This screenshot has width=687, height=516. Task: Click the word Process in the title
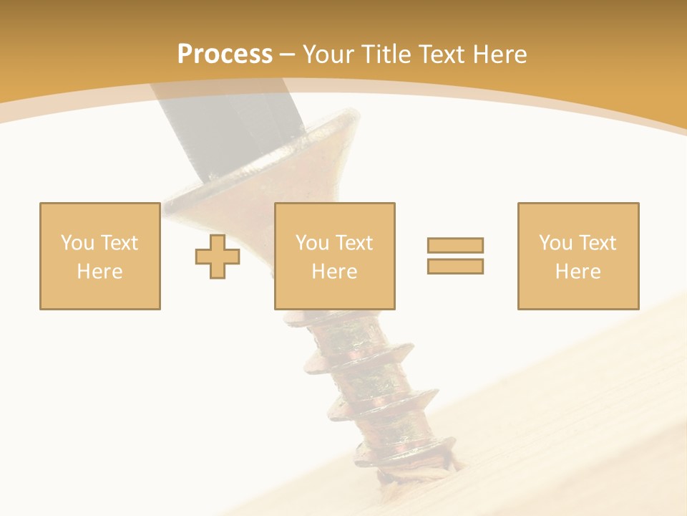pyautogui.click(x=225, y=54)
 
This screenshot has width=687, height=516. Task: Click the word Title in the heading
pyautogui.click(x=388, y=54)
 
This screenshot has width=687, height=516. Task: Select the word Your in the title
pyautogui.click(x=330, y=54)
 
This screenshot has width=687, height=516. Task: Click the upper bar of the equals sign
pyautogui.click(x=455, y=245)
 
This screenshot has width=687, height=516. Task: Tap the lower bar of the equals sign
pyautogui.click(x=455, y=266)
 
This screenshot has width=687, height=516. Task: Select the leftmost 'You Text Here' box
pyautogui.click(x=100, y=215)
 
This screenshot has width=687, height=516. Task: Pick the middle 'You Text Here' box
pyautogui.click(x=335, y=215)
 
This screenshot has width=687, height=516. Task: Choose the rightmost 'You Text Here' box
pyautogui.click(x=578, y=215)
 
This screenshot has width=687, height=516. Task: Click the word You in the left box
pyautogui.click(x=76, y=243)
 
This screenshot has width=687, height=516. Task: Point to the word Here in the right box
pyautogui.click(x=578, y=272)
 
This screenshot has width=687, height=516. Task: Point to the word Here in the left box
pyautogui.click(x=100, y=272)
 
